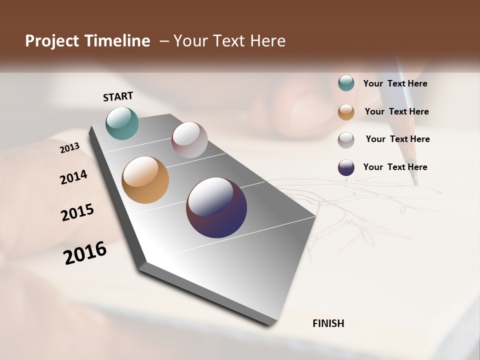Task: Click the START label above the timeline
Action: (118, 96)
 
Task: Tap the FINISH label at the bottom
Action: (328, 323)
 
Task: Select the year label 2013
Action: (70, 148)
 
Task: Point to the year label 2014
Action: (74, 177)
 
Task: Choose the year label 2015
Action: (77, 212)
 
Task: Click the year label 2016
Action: (85, 252)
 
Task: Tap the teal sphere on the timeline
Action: (122, 123)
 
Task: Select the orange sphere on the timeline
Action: (145, 180)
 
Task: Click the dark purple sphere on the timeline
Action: (216, 207)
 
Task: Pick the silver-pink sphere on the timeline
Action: (189, 140)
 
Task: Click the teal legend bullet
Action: (346, 83)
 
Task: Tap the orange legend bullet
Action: (346, 112)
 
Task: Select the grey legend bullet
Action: (346, 140)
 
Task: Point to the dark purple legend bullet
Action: (346, 168)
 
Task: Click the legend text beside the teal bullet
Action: (395, 84)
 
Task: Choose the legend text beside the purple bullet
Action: (395, 167)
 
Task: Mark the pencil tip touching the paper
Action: (416, 184)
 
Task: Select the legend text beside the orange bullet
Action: (397, 111)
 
